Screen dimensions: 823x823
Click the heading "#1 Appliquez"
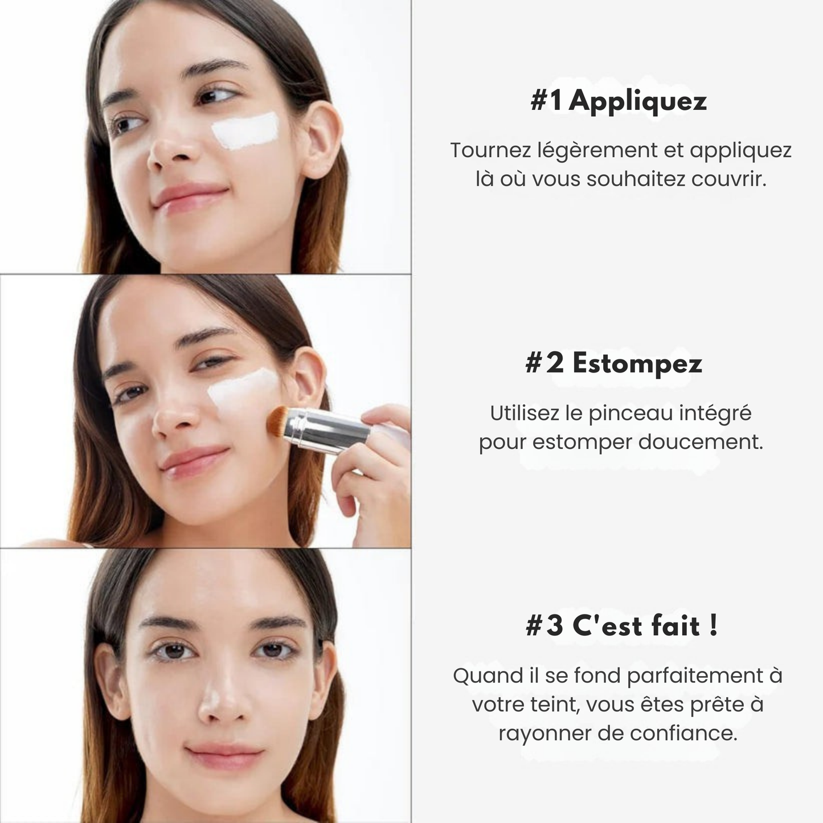coord(619,102)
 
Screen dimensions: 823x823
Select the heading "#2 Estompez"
coord(614,364)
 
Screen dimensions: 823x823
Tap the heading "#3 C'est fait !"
coord(621,626)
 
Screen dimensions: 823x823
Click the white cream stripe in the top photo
coord(245,130)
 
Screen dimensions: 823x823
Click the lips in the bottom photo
coord(225,762)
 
